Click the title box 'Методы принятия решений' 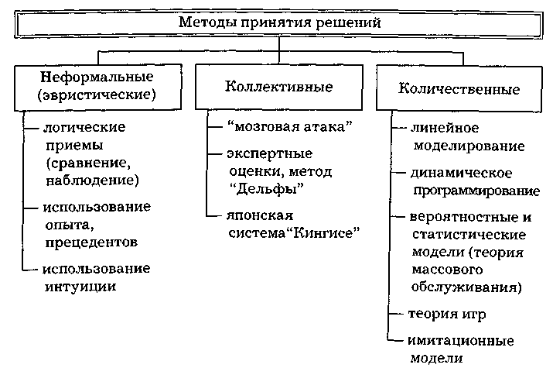point(280,22)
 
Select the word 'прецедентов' point(91,242)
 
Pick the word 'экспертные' point(263,153)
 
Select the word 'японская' point(254,215)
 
